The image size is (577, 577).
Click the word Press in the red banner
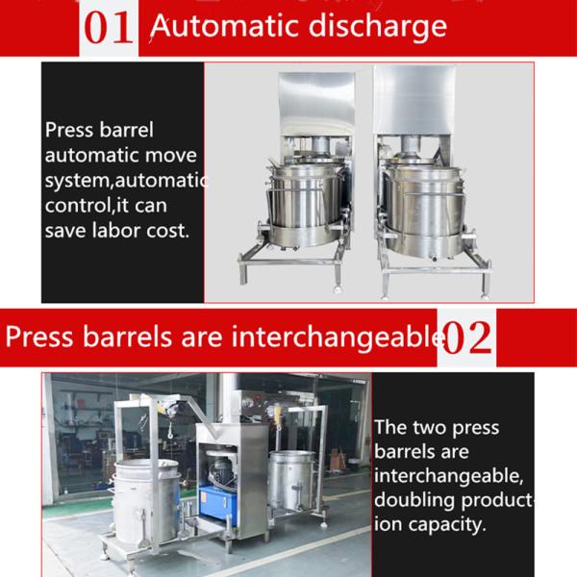(40, 338)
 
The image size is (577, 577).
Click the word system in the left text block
(78, 181)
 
